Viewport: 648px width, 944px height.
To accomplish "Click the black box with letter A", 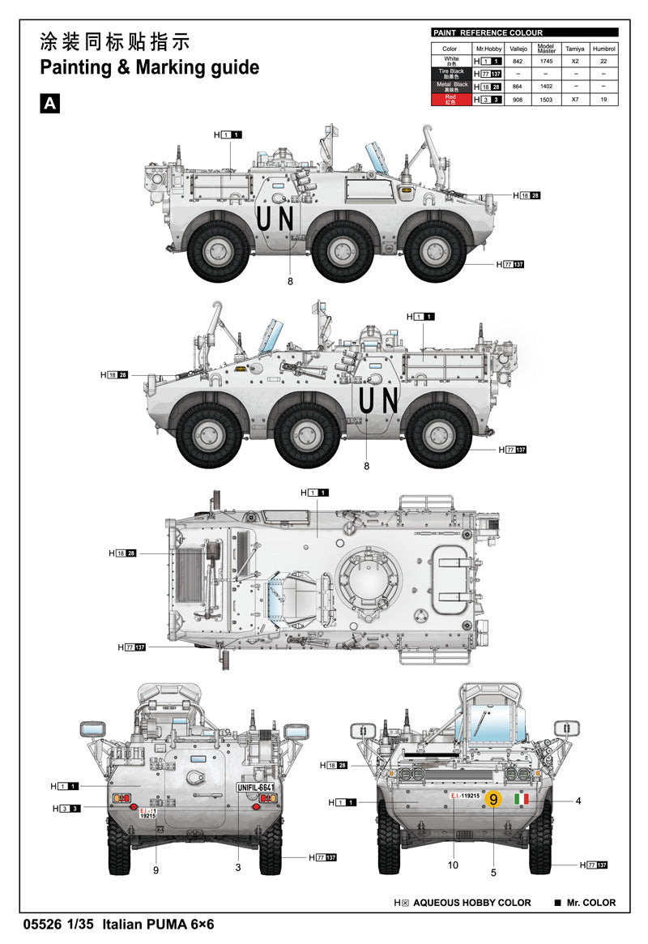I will pyautogui.click(x=50, y=103).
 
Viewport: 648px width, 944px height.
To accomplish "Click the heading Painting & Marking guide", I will pyautogui.click(x=150, y=67).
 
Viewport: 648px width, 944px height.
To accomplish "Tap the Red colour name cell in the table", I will pyautogui.click(x=451, y=100).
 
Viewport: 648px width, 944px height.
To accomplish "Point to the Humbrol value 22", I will pyautogui.click(x=603, y=61).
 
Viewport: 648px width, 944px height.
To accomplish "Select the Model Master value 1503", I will pyautogui.click(x=546, y=99).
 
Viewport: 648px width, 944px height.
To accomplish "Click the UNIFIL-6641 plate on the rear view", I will pyautogui.click(x=256, y=788).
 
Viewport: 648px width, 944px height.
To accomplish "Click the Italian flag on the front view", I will pyautogui.click(x=522, y=801).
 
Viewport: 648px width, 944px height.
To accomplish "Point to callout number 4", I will pyautogui.click(x=578, y=801).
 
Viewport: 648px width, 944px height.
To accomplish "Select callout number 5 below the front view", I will pyautogui.click(x=493, y=872).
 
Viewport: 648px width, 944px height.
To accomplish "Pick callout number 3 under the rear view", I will pyautogui.click(x=239, y=868).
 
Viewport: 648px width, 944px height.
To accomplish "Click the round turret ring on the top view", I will pyautogui.click(x=369, y=576).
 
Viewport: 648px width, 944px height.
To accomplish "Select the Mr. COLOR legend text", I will pyautogui.click(x=590, y=903).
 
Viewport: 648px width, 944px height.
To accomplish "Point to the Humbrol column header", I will pyautogui.click(x=603, y=49).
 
